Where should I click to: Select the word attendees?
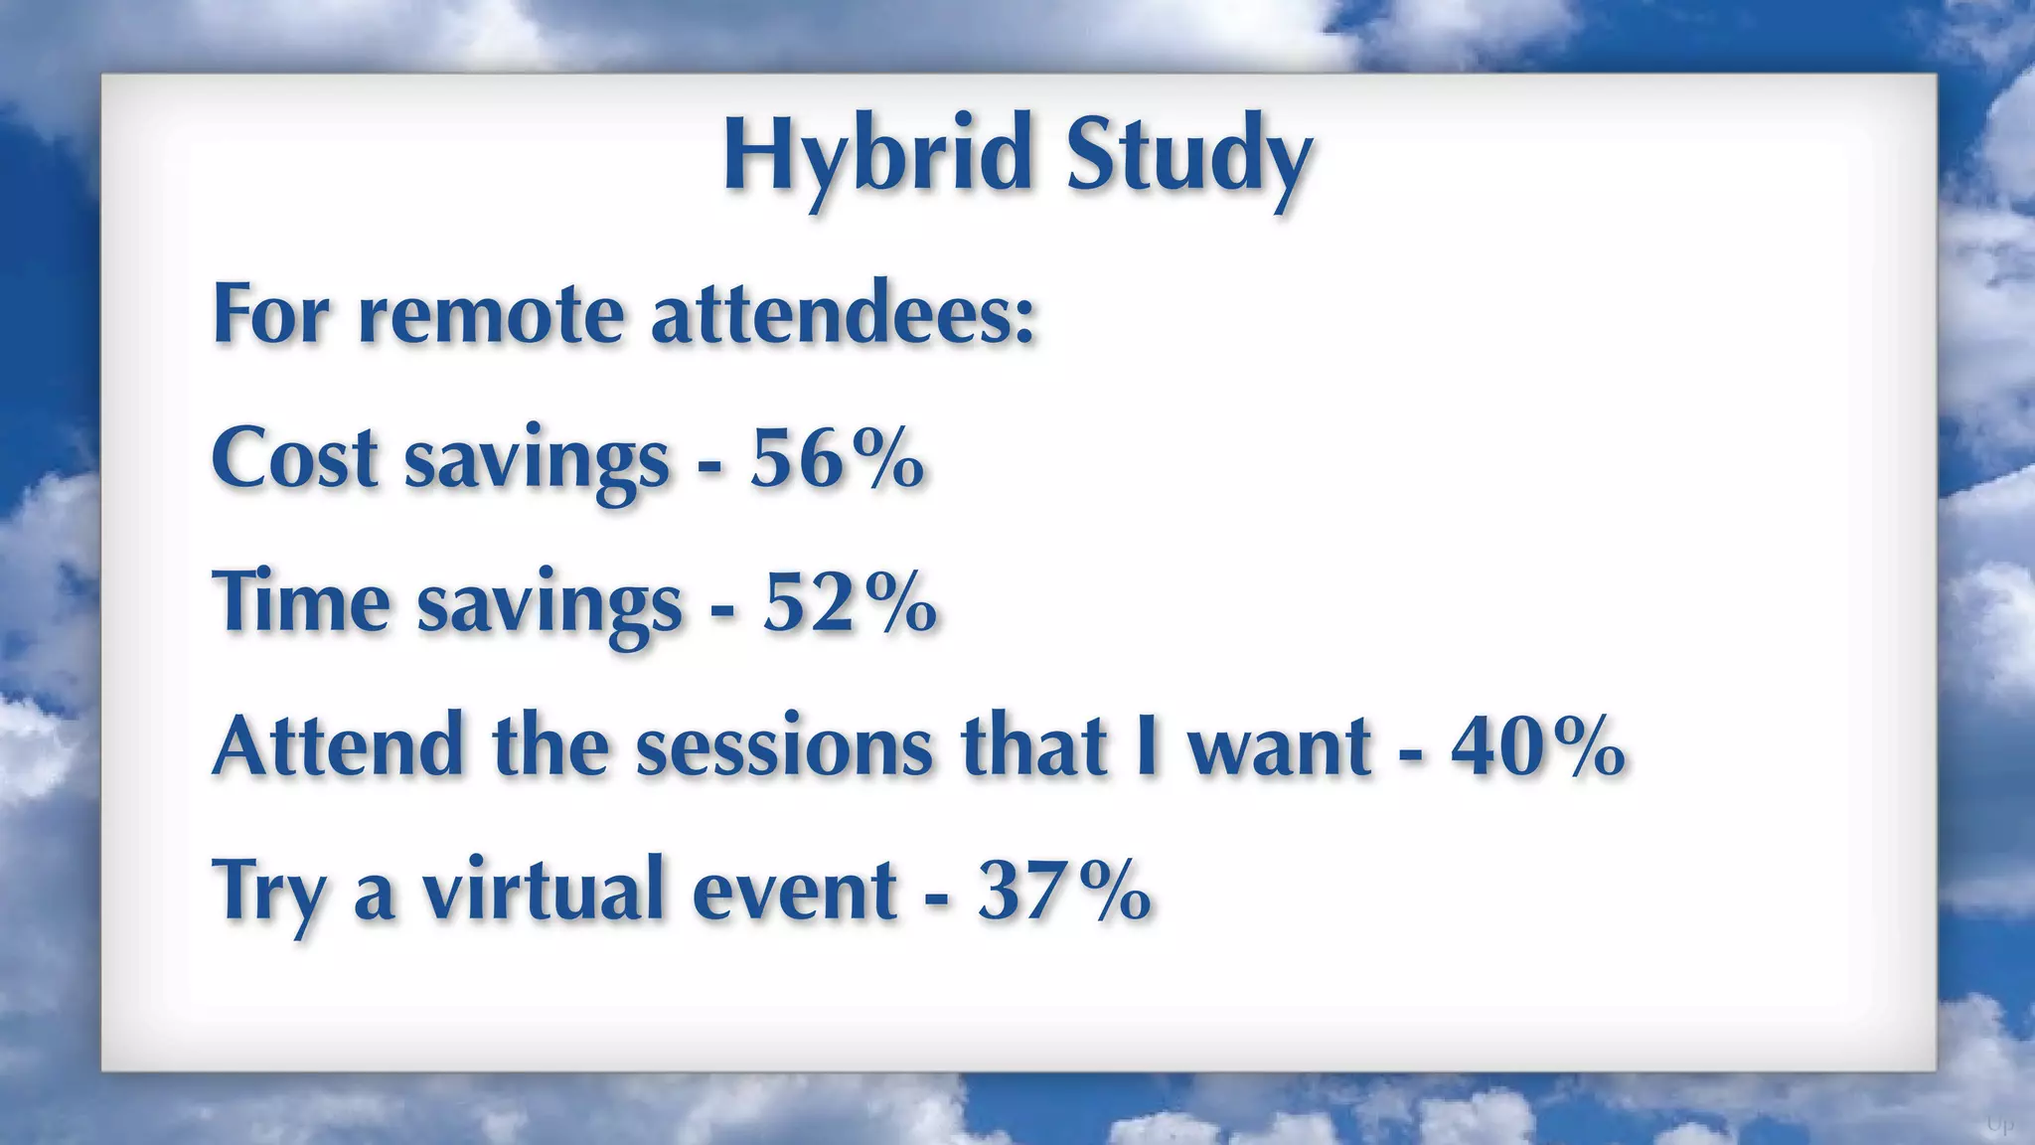(x=844, y=315)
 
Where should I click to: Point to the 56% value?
(x=837, y=459)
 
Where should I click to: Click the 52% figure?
(x=850, y=603)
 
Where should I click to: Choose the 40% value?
(x=1537, y=746)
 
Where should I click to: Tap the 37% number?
(x=1064, y=891)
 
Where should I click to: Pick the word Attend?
(x=339, y=746)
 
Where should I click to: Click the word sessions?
(x=784, y=746)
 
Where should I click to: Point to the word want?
(x=1281, y=746)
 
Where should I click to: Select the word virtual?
(x=544, y=891)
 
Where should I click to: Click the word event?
(x=795, y=891)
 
